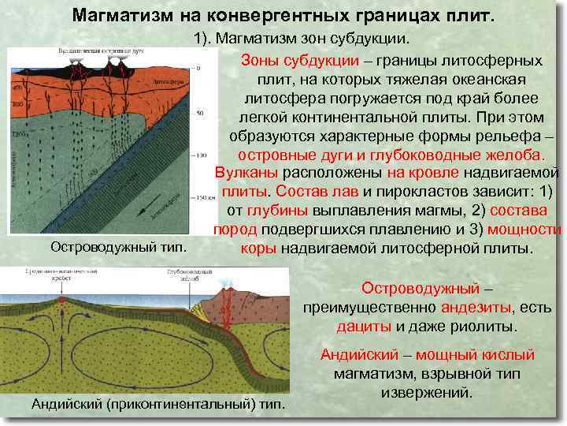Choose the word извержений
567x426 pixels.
point(427,391)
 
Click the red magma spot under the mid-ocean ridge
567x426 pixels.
point(61,301)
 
